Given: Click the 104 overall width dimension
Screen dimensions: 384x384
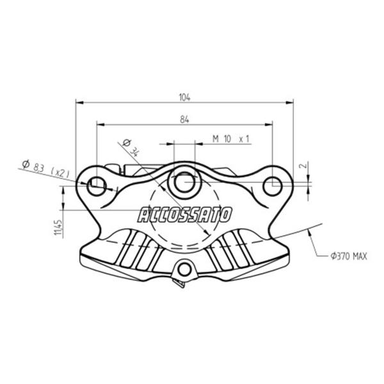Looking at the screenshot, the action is [x=185, y=97].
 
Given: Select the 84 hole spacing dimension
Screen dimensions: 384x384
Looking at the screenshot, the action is [x=185, y=120].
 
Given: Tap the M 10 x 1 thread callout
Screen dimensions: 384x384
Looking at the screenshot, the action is [x=230, y=139].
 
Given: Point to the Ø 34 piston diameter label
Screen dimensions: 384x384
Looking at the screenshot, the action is [x=131, y=148].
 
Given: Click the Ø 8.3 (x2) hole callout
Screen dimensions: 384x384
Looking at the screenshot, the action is [x=45, y=169].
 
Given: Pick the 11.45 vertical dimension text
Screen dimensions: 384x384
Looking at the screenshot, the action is [x=58, y=227].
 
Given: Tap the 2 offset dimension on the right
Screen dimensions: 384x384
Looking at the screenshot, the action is [x=303, y=166].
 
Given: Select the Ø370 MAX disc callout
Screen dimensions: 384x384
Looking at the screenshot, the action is [x=349, y=257].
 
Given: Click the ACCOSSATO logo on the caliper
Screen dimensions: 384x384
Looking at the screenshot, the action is [x=184, y=215].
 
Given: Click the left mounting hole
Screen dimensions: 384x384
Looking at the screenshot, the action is [x=97, y=186].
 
